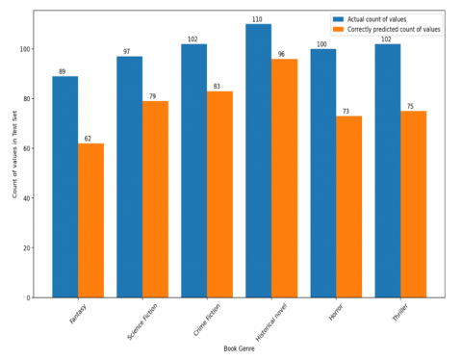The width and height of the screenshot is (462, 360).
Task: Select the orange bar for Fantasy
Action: (x=91, y=220)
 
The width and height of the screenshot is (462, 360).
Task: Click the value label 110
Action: (x=256, y=19)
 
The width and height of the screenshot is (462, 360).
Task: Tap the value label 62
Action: (x=88, y=139)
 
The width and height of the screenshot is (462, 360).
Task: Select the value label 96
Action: (x=281, y=54)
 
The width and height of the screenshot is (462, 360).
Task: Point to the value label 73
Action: (x=346, y=111)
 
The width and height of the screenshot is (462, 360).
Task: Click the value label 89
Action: (x=62, y=71)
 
